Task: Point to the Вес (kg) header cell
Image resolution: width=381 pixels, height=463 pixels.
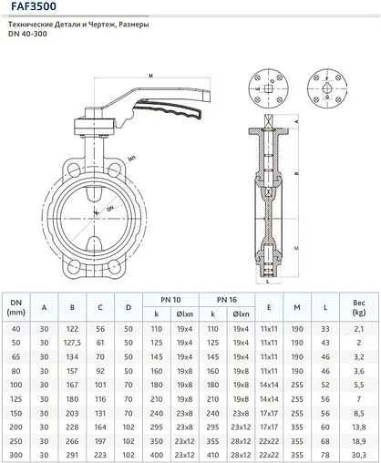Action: click(x=359, y=306)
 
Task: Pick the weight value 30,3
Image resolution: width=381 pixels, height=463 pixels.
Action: click(x=359, y=455)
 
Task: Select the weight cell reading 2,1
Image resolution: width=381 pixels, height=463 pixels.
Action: click(x=359, y=327)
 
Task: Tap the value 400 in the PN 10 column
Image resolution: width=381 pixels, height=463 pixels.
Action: click(x=157, y=455)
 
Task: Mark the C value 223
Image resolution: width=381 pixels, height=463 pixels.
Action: click(x=100, y=455)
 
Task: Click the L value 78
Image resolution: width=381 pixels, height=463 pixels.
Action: click(x=326, y=455)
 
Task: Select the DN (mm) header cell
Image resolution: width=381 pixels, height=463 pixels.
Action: click(x=15, y=306)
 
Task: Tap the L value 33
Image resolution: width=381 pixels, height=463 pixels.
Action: click(x=326, y=327)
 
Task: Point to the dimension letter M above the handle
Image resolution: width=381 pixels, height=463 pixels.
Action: click(x=148, y=77)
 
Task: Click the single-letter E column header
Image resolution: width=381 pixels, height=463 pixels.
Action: click(x=269, y=306)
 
